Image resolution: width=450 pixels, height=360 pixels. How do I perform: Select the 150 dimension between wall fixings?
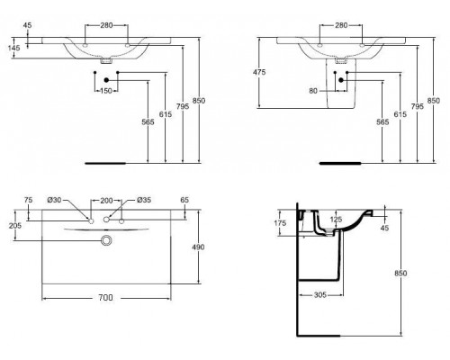[x=107, y=91]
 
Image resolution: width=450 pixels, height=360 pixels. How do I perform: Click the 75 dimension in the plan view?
[x=28, y=199]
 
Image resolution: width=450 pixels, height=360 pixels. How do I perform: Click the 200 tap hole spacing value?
[x=107, y=199]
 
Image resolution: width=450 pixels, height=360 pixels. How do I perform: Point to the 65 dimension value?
[x=185, y=199]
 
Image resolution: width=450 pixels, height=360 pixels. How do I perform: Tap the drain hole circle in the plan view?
[x=107, y=241]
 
